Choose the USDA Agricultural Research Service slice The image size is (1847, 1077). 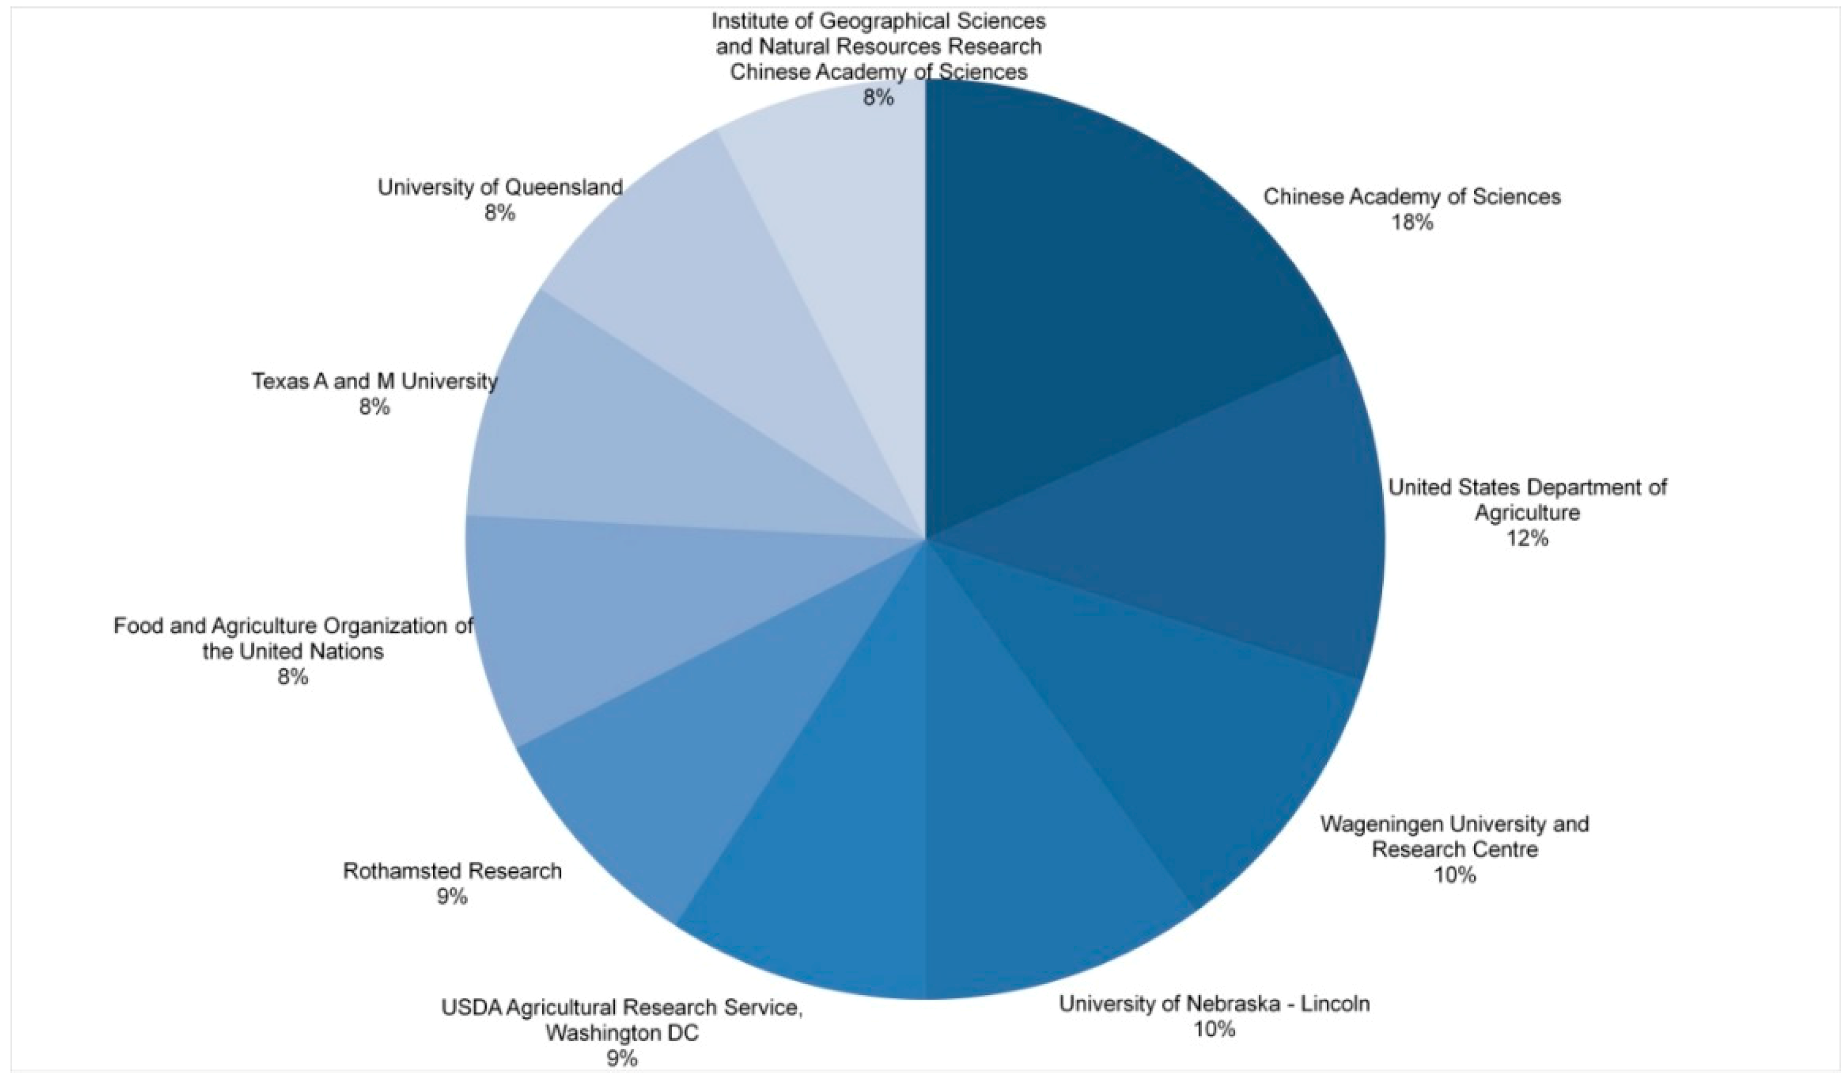(821, 843)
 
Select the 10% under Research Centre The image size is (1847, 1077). (1454, 875)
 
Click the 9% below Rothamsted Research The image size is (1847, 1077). (452, 897)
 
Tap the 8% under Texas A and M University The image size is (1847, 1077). (374, 407)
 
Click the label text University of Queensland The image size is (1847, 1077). (500, 188)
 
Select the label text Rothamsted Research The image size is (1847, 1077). (452, 871)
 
